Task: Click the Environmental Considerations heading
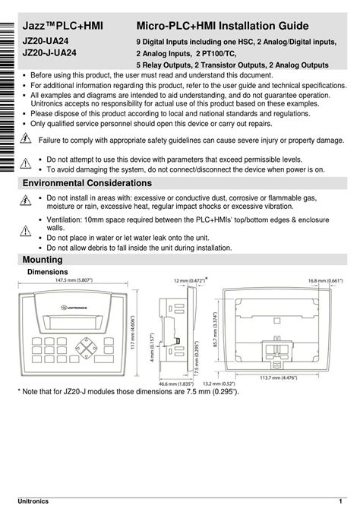tap(87, 184)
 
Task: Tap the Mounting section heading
tap(43, 261)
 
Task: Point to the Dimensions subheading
tap(48, 272)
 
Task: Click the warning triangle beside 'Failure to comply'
tap(25, 139)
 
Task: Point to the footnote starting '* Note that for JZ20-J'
tap(128, 392)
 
